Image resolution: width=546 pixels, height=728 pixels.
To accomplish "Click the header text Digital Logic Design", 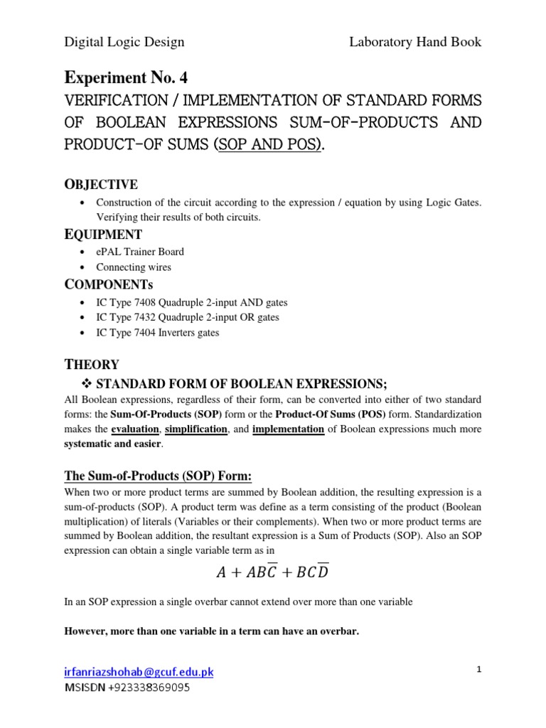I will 124,42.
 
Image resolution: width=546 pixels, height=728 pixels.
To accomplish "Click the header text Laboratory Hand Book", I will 415,42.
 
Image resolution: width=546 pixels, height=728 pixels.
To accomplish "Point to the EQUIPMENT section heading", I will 103,234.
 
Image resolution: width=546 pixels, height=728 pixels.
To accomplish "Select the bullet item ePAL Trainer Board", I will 139,252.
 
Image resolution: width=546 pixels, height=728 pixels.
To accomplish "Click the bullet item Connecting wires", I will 134,267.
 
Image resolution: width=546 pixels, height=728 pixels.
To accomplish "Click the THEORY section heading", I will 92,365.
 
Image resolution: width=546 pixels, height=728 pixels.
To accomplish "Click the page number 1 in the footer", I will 478,670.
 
